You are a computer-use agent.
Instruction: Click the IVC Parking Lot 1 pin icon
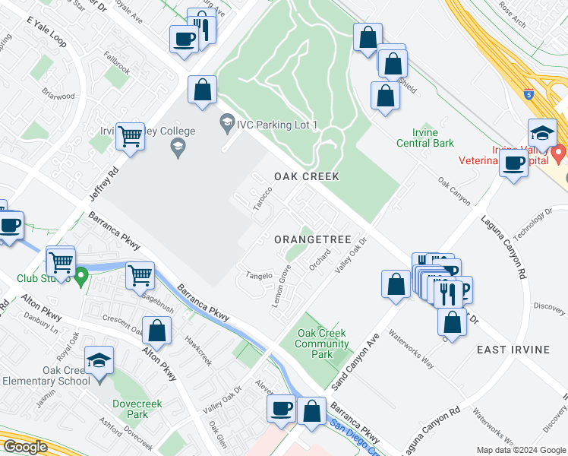pos(226,122)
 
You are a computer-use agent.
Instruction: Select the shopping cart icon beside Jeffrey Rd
pos(131,138)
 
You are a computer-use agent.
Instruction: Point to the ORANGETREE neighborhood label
pos(313,239)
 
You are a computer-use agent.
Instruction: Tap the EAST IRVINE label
pos(513,349)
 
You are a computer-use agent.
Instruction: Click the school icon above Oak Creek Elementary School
pos(99,361)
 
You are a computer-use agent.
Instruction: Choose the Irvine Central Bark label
pos(428,138)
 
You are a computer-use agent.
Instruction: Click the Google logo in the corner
pos(25,447)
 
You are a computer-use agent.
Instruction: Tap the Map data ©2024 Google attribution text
pos(520,450)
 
